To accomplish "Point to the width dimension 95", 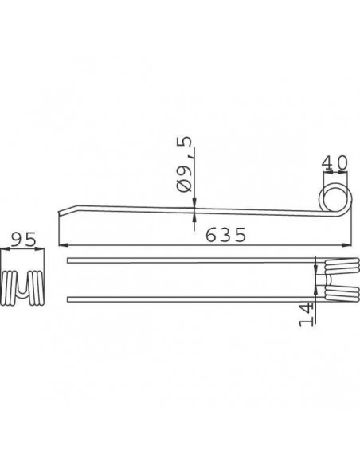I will click(20, 239).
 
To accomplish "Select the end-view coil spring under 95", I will click(22, 287).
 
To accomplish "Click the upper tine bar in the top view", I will click(191, 261).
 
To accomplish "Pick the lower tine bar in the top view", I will click(191, 299).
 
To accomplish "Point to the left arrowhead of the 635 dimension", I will click(64, 245).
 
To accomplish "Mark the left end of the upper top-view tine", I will click(70, 261).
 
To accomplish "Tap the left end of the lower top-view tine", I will click(70, 299).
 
